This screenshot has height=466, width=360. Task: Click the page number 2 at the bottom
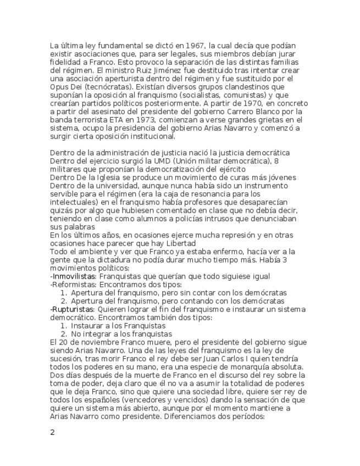pyautogui.click(x=52, y=432)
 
